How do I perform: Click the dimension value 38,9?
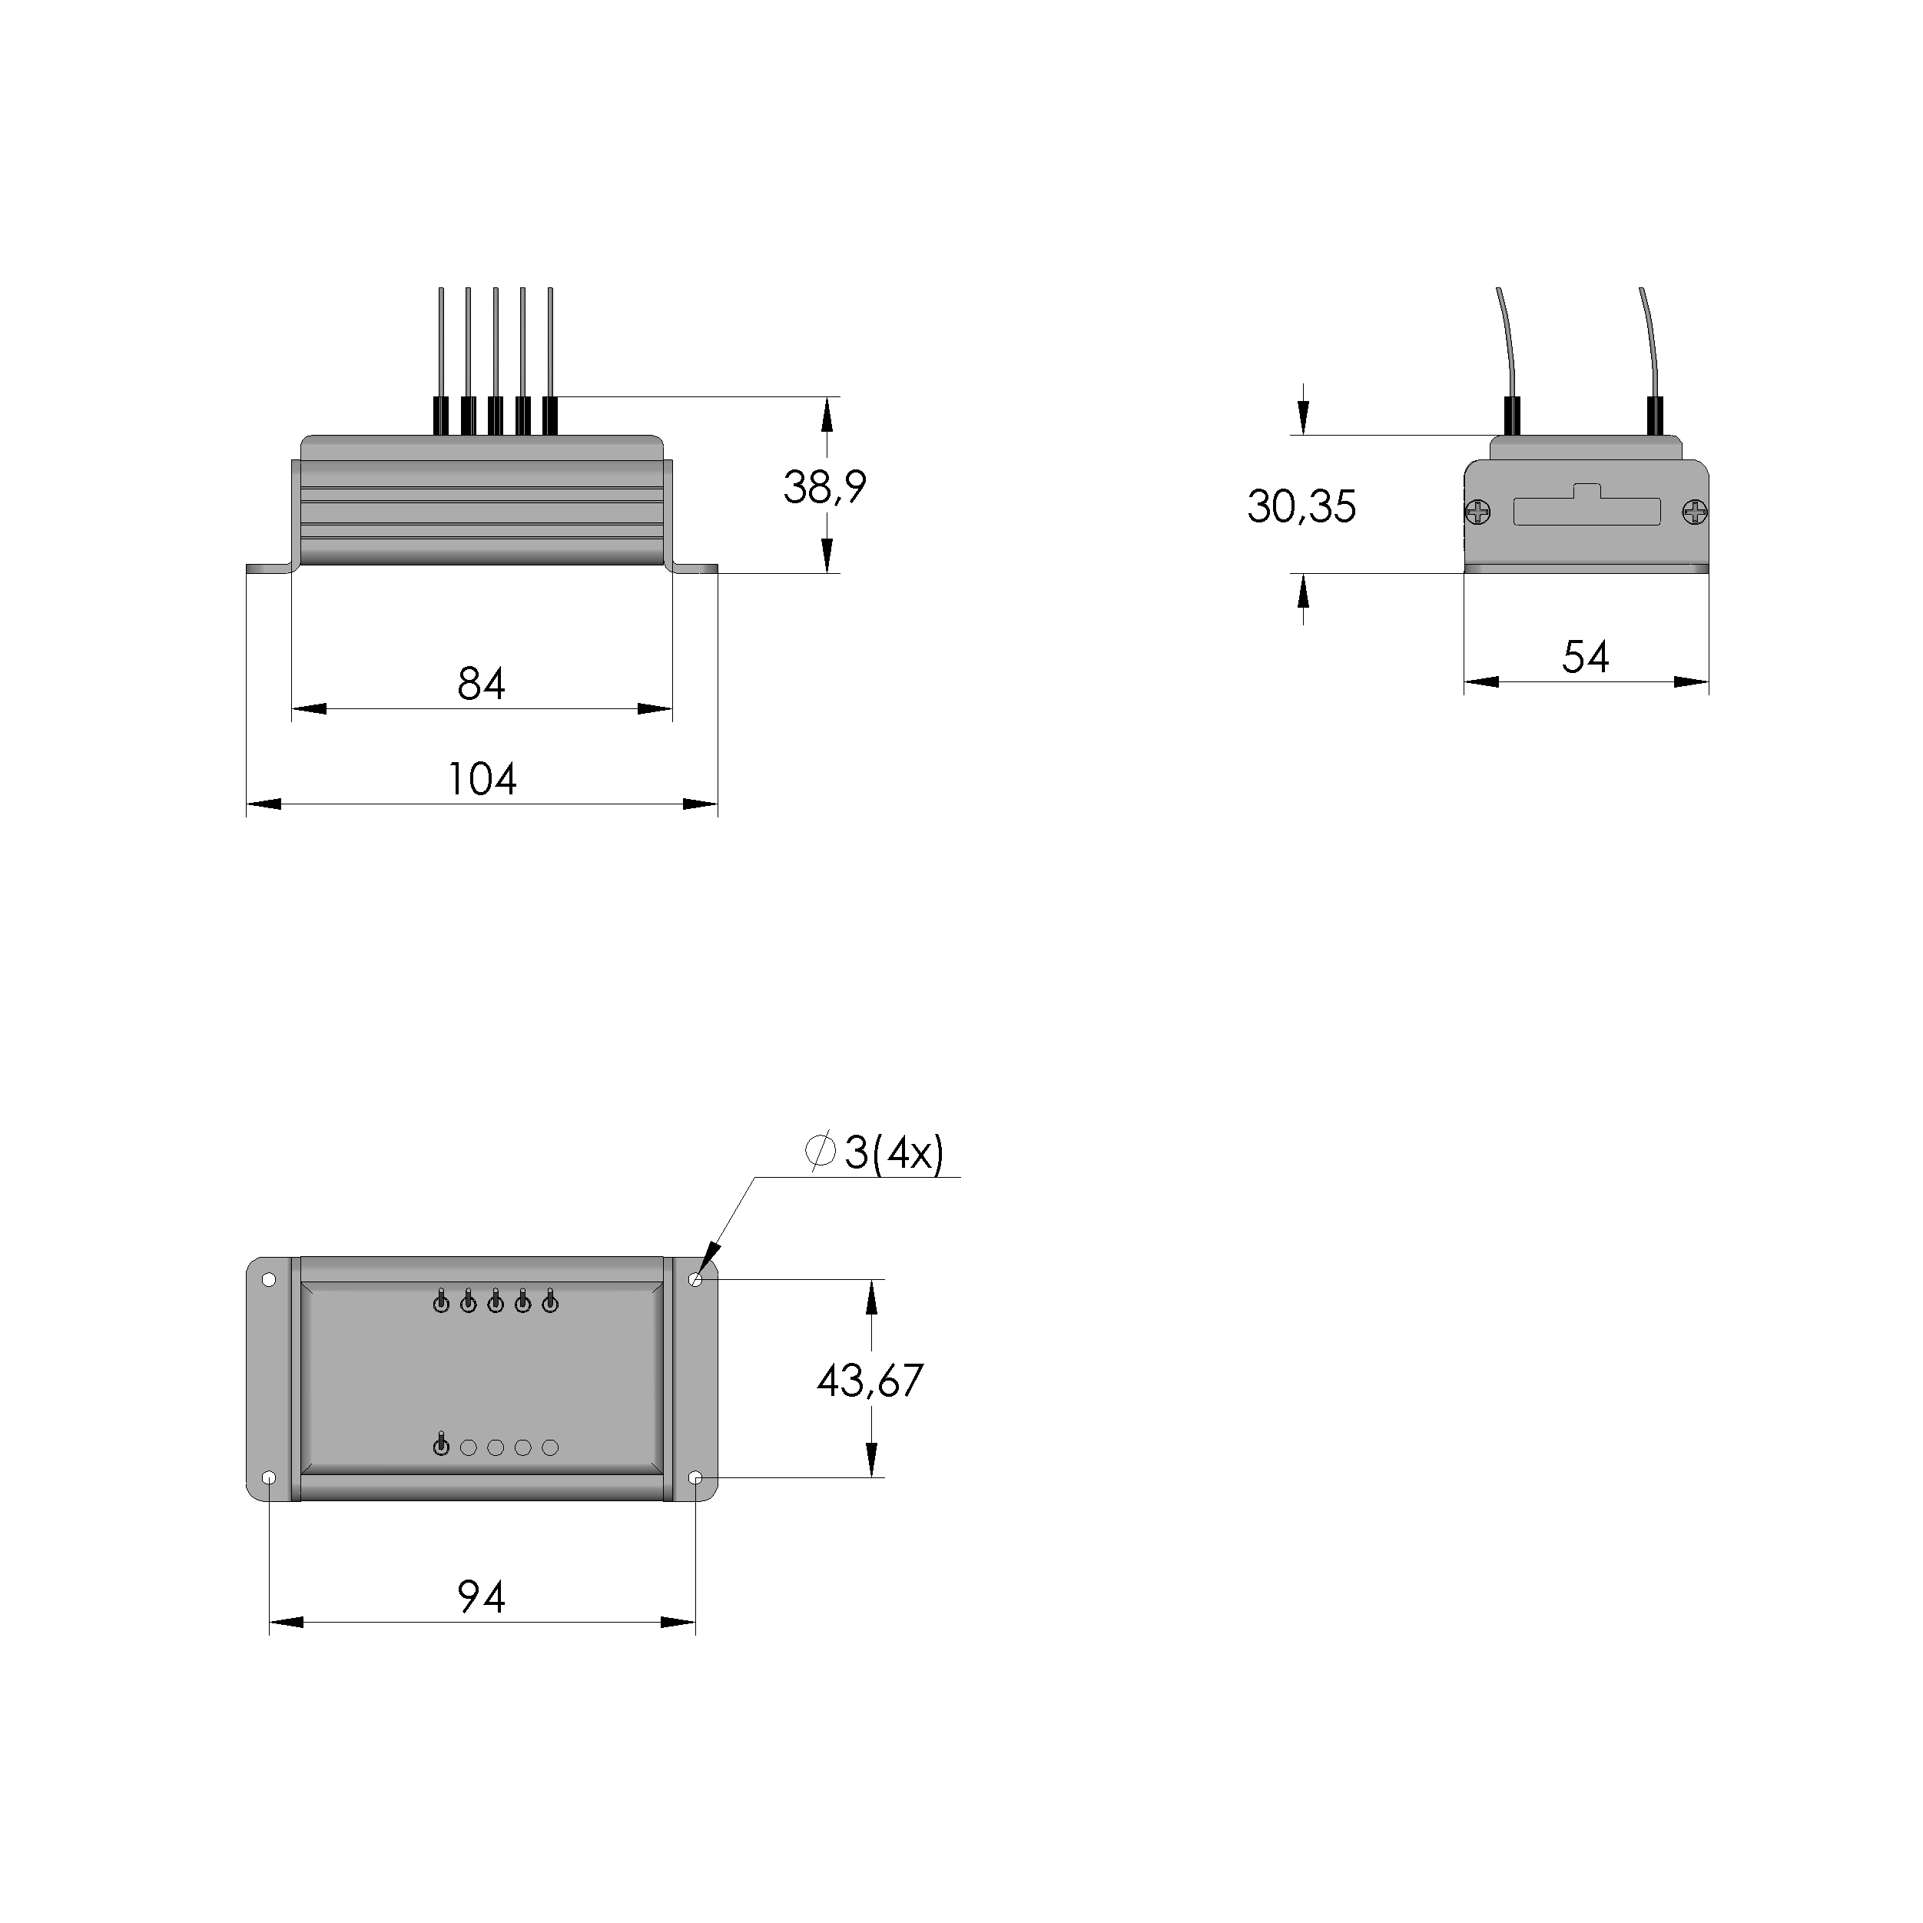[x=824, y=488]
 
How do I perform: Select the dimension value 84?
[x=481, y=685]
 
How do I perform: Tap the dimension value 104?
[x=482, y=779]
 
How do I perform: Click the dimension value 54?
[x=1585, y=658]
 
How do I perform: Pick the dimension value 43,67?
[x=870, y=1381]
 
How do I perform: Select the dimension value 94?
[x=481, y=1597]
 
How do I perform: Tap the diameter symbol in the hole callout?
[x=819, y=1152]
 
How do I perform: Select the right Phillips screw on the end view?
[x=1694, y=512]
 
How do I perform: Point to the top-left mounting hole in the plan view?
[x=269, y=1280]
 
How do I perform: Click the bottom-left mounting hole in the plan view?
[x=269, y=1478]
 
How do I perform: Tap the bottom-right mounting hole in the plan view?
[x=696, y=1478]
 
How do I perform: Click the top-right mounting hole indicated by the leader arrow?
[x=696, y=1280]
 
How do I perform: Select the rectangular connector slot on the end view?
[x=1586, y=512]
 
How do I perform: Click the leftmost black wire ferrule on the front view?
[x=440, y=416]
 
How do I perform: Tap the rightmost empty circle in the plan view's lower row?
[x=550, y=1447]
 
